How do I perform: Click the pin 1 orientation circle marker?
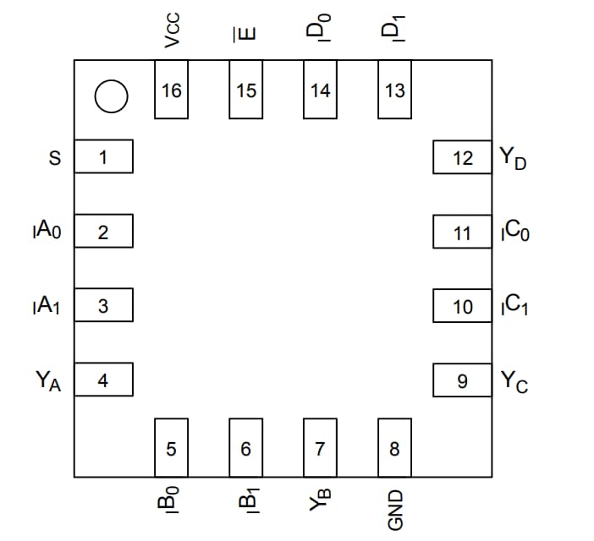[111, 96]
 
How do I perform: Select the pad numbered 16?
[172, 90]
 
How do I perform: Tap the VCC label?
[172, 32]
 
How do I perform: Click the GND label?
[394, 511]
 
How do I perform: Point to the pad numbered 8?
[394, 447]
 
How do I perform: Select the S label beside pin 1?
[56, 157]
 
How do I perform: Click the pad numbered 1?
[103, 157]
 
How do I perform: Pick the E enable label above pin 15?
[246, 34]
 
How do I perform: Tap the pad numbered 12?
[463, 158]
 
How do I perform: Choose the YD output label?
[513, 158]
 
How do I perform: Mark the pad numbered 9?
[463, 381]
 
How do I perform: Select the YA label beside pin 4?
[49, 381]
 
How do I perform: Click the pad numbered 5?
[172, 447]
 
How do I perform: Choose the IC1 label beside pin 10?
[515, 306]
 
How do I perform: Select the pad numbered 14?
[320, 90]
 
